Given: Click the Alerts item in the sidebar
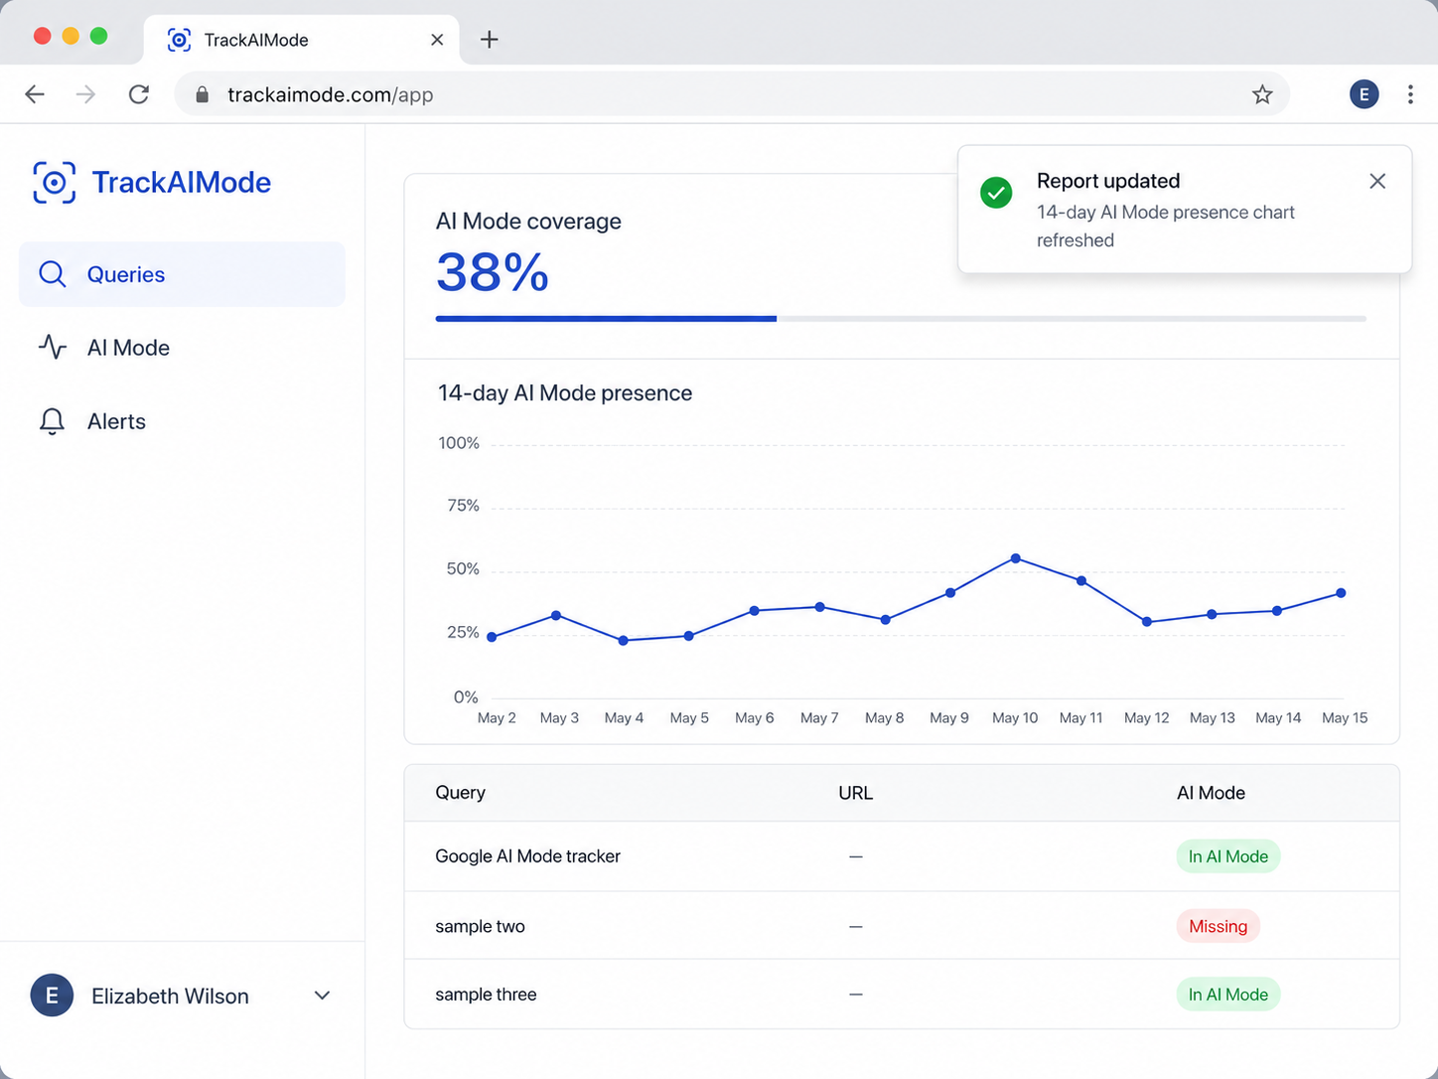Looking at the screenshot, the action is [91, 421].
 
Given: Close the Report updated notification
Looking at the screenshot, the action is [1377, 182].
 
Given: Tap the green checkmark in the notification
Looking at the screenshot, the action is [996, 193].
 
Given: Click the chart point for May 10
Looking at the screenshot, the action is [1015, 558].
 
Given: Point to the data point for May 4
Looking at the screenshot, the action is [623, 640].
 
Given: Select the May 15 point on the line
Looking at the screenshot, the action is [1341, 593].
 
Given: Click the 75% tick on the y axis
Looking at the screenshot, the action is [463, 506].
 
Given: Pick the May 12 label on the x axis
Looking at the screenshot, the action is [1146, 718].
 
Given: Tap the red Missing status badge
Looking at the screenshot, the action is [1218, 926].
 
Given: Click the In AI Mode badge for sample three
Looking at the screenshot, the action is [1227, 995].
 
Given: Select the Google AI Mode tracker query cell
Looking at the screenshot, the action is [527, 856].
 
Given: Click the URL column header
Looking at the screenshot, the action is [855, 793].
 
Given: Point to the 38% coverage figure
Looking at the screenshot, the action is [492, 272].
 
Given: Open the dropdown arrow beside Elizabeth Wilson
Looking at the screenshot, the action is [322, 996].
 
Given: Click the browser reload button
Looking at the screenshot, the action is [139, 94].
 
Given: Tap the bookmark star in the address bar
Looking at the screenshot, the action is [1262, 94].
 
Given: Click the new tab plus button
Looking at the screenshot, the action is [489, 40].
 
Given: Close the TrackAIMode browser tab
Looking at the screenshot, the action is [437, 40].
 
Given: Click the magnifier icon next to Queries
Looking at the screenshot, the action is [52, 274].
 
